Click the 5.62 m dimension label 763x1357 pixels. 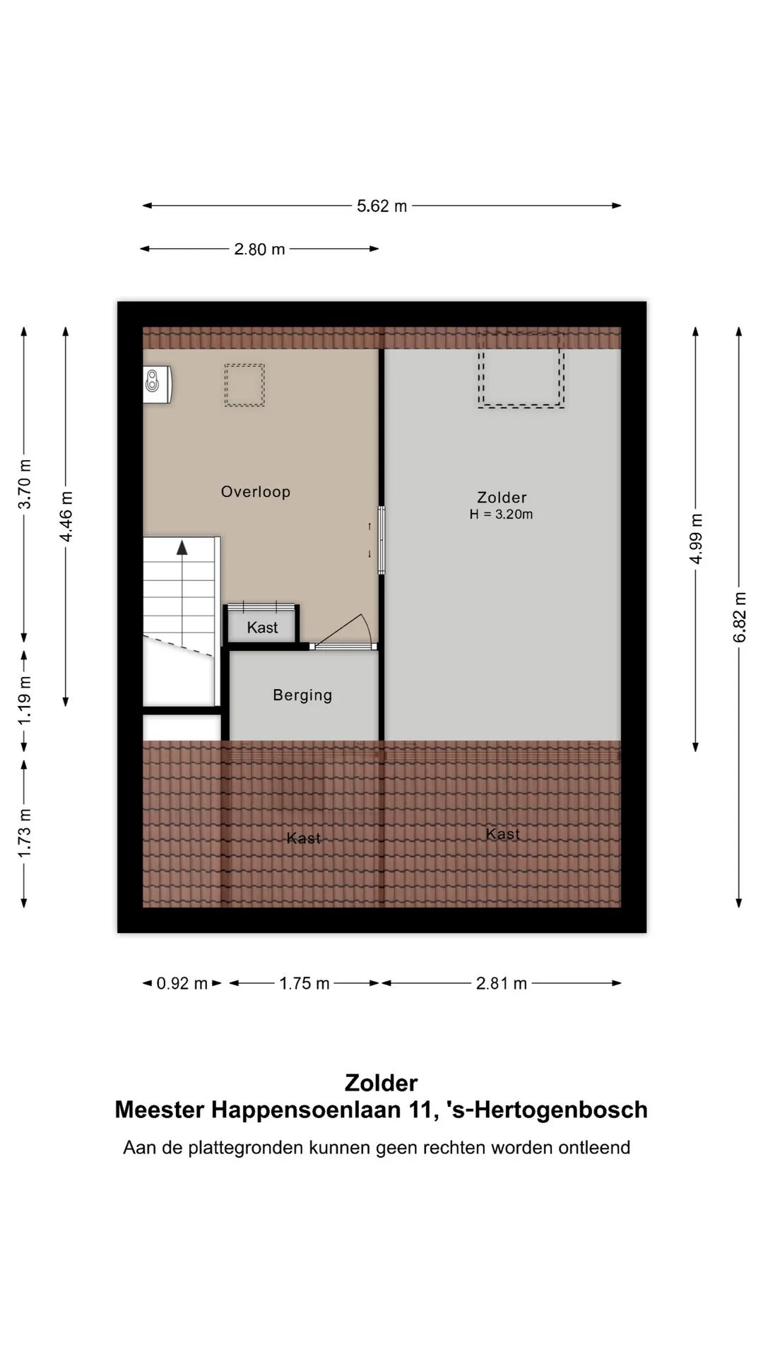coord(381,206)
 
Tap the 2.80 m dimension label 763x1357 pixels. coord(259,249)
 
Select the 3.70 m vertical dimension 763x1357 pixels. coord(25,484)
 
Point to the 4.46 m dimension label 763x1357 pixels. coord(66,517)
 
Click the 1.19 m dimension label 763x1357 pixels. coord(25,700)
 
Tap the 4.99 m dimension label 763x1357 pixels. coord(697,539)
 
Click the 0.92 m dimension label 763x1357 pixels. coord(182,984)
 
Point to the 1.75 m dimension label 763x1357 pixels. coord(304,984)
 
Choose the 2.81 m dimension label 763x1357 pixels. coord(502,984)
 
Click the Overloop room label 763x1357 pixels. coord(256,492)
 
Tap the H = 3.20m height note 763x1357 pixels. coord(501,515)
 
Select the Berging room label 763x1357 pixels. coord(302,695)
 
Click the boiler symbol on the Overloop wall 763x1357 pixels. coord(157,384)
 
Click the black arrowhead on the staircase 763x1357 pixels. coord(182,547)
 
